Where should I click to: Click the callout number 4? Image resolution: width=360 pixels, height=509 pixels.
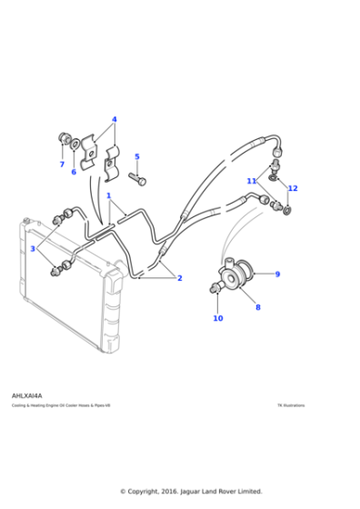coord(115,119)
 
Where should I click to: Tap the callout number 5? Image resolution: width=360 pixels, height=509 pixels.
coord(137,157)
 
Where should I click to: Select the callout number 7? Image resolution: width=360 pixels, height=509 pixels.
coord(63,165)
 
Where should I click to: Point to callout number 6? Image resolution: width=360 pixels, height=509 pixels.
coord(74,172)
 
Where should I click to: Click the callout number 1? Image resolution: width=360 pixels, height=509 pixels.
coord(108,195)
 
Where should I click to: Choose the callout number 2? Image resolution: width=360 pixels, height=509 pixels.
coord(179,278)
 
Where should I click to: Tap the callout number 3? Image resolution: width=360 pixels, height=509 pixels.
coord(33,248)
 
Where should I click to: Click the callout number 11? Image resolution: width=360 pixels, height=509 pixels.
coord(252,181)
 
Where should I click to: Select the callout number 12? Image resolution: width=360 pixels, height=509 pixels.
coord(293,188)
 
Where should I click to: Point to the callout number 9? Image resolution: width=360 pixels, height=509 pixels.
coord(277,274)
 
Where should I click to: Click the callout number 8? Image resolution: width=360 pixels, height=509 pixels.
coord(257,307)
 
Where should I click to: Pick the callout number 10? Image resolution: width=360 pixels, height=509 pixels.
coord(218,318)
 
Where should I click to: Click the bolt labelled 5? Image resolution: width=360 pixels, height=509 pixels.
coord(140,180)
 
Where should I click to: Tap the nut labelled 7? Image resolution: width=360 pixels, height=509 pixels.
coord(64,138)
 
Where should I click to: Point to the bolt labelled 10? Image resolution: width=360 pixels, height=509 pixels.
coord(215,289)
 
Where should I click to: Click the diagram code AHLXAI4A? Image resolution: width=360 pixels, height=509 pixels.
coord(25,396)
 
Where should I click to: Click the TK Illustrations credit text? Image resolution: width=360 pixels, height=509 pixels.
coord(291,405)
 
